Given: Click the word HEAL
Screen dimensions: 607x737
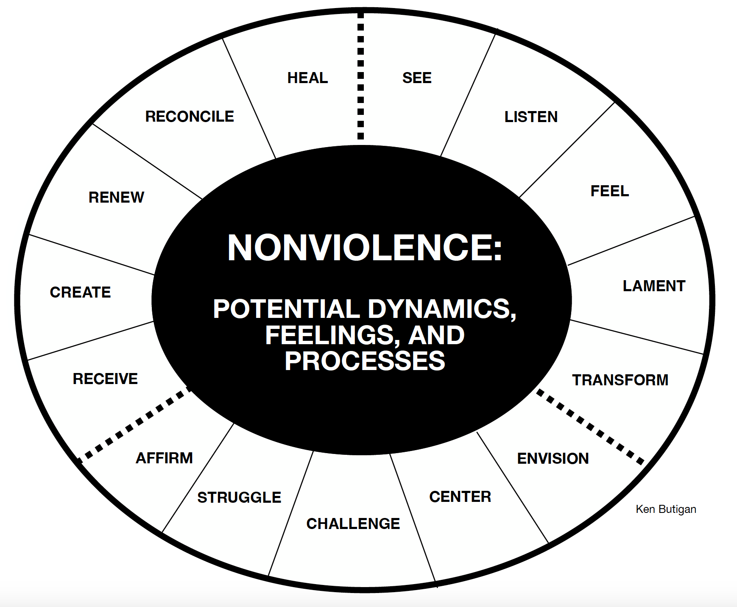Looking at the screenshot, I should (307, 78).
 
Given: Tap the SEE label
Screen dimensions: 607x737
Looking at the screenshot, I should (417, 78).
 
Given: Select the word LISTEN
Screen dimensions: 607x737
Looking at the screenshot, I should (531, 117).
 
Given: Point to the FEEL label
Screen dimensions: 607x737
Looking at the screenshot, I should (609, 191).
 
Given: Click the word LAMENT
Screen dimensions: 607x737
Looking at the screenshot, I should (654, 286).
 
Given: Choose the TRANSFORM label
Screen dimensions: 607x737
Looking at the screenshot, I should (620, 380).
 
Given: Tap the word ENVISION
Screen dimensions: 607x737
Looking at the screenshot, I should (553, 459).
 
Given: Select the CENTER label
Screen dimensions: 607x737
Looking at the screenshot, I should (460, 497).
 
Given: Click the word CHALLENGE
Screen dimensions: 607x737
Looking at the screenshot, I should (353, 524).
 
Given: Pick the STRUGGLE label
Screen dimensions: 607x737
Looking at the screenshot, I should (239, 498).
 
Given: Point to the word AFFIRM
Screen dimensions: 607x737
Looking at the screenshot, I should (164, 458).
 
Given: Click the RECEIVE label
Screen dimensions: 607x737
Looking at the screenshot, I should (105, 379).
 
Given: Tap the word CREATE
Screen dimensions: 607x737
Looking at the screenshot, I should (80, 292).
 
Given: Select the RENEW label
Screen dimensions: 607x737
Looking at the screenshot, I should (116, 198).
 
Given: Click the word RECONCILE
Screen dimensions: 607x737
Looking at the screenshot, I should (190, 117).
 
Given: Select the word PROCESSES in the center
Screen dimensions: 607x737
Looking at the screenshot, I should (365, 361).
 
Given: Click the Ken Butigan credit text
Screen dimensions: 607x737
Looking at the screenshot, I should (666, 509).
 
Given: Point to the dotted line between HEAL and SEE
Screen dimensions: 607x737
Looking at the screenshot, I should (360, 76).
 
